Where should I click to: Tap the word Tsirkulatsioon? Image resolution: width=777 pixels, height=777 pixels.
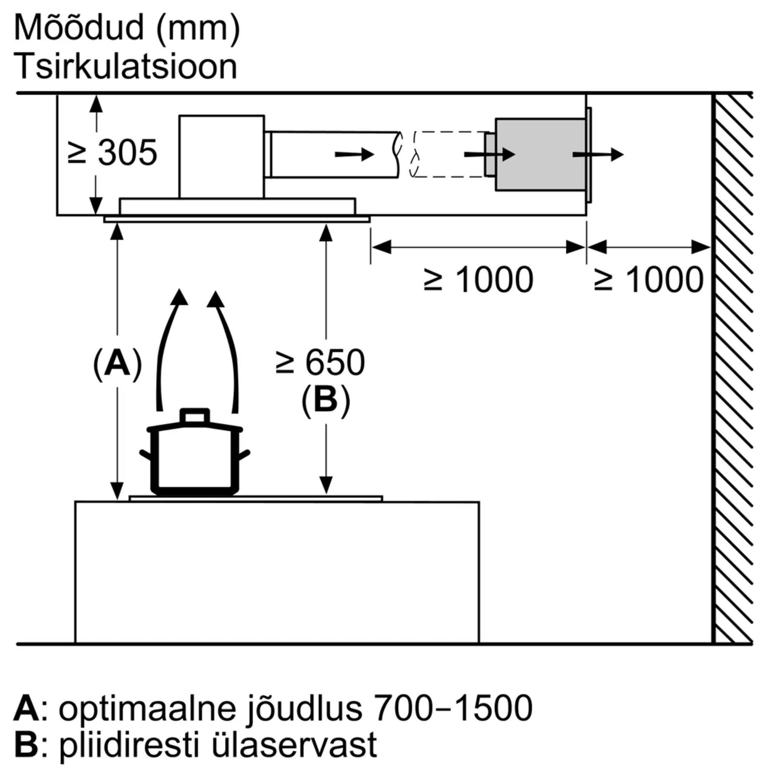click(126, 66)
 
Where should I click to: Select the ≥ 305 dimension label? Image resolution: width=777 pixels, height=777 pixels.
click(112, 153)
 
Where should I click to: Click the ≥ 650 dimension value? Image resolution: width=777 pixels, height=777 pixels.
click(320, 363)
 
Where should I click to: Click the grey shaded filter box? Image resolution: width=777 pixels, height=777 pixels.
click(540, 155)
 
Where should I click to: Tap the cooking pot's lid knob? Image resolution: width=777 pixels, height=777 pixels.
click(195, 416)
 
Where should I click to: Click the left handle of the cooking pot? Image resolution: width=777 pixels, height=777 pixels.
click(146, 455)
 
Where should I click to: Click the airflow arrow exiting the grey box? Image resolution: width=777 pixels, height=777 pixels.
click(598, 155)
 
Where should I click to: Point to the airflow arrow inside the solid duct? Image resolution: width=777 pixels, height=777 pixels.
click(354, 155)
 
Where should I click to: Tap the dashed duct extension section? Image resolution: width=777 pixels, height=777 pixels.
click(449, 155)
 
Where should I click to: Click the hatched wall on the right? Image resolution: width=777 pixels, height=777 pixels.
click(732, 368)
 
